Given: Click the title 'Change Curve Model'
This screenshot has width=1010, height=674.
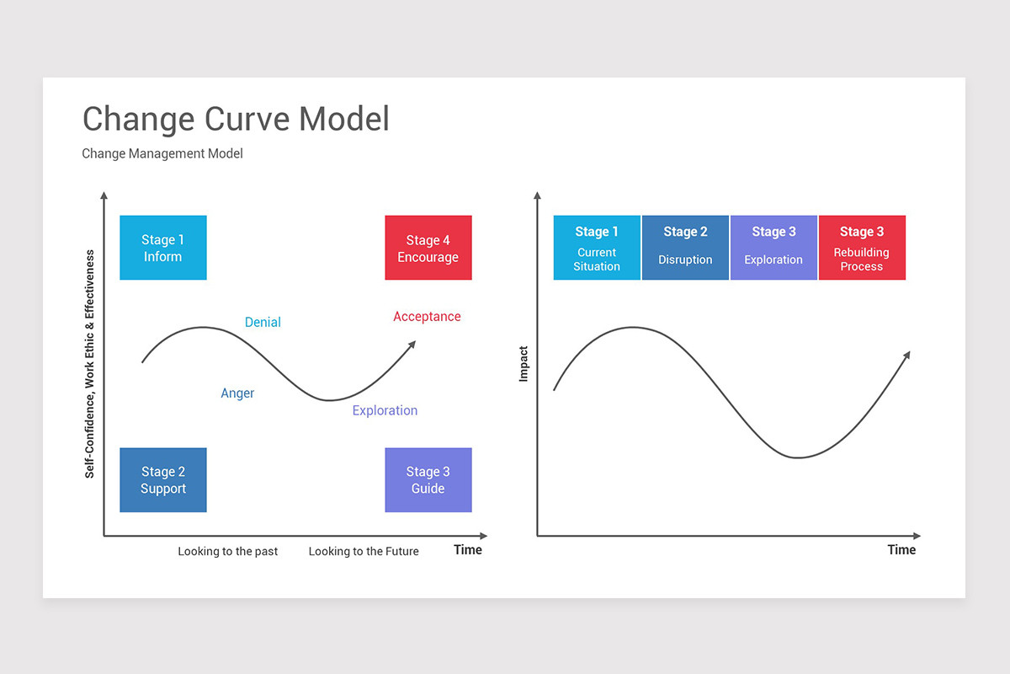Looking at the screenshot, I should [236, 119].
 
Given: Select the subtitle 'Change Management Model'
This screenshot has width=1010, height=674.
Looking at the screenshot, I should [162, 153].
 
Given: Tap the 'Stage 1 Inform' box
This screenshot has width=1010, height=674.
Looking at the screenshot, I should [162, 248].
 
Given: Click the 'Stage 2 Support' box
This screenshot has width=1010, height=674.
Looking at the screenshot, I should [162, 480].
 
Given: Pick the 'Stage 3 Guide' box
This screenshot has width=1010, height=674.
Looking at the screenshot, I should [428, 480].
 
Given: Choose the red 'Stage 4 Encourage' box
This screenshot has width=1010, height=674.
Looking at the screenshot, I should [428, 248].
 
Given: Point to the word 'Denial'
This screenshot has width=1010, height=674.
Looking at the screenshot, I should [263, 322].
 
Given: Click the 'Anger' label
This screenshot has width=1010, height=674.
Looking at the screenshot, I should [237, 393].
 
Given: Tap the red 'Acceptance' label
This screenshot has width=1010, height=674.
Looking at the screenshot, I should [427, 317].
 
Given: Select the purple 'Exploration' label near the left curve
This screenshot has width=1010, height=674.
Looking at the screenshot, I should [385, 410].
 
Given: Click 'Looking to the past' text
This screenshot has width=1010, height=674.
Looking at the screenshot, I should [227, 551].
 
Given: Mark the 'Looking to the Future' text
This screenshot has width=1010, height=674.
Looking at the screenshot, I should [363, 551].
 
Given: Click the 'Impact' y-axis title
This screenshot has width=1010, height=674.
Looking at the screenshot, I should [524, 364].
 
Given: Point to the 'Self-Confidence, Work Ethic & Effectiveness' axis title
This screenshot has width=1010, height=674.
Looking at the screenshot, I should [89, 364].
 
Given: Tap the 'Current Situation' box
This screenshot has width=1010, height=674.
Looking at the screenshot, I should [597, 248].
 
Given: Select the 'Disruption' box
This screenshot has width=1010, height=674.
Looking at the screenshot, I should [685, 248].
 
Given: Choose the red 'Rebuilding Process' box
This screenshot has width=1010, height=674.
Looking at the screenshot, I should [862, 248].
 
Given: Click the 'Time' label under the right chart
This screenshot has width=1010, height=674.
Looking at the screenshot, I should [901, 549].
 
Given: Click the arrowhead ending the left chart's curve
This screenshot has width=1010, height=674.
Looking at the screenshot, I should [412, 344].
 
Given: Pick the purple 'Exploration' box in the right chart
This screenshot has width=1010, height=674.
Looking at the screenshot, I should [773, 248].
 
